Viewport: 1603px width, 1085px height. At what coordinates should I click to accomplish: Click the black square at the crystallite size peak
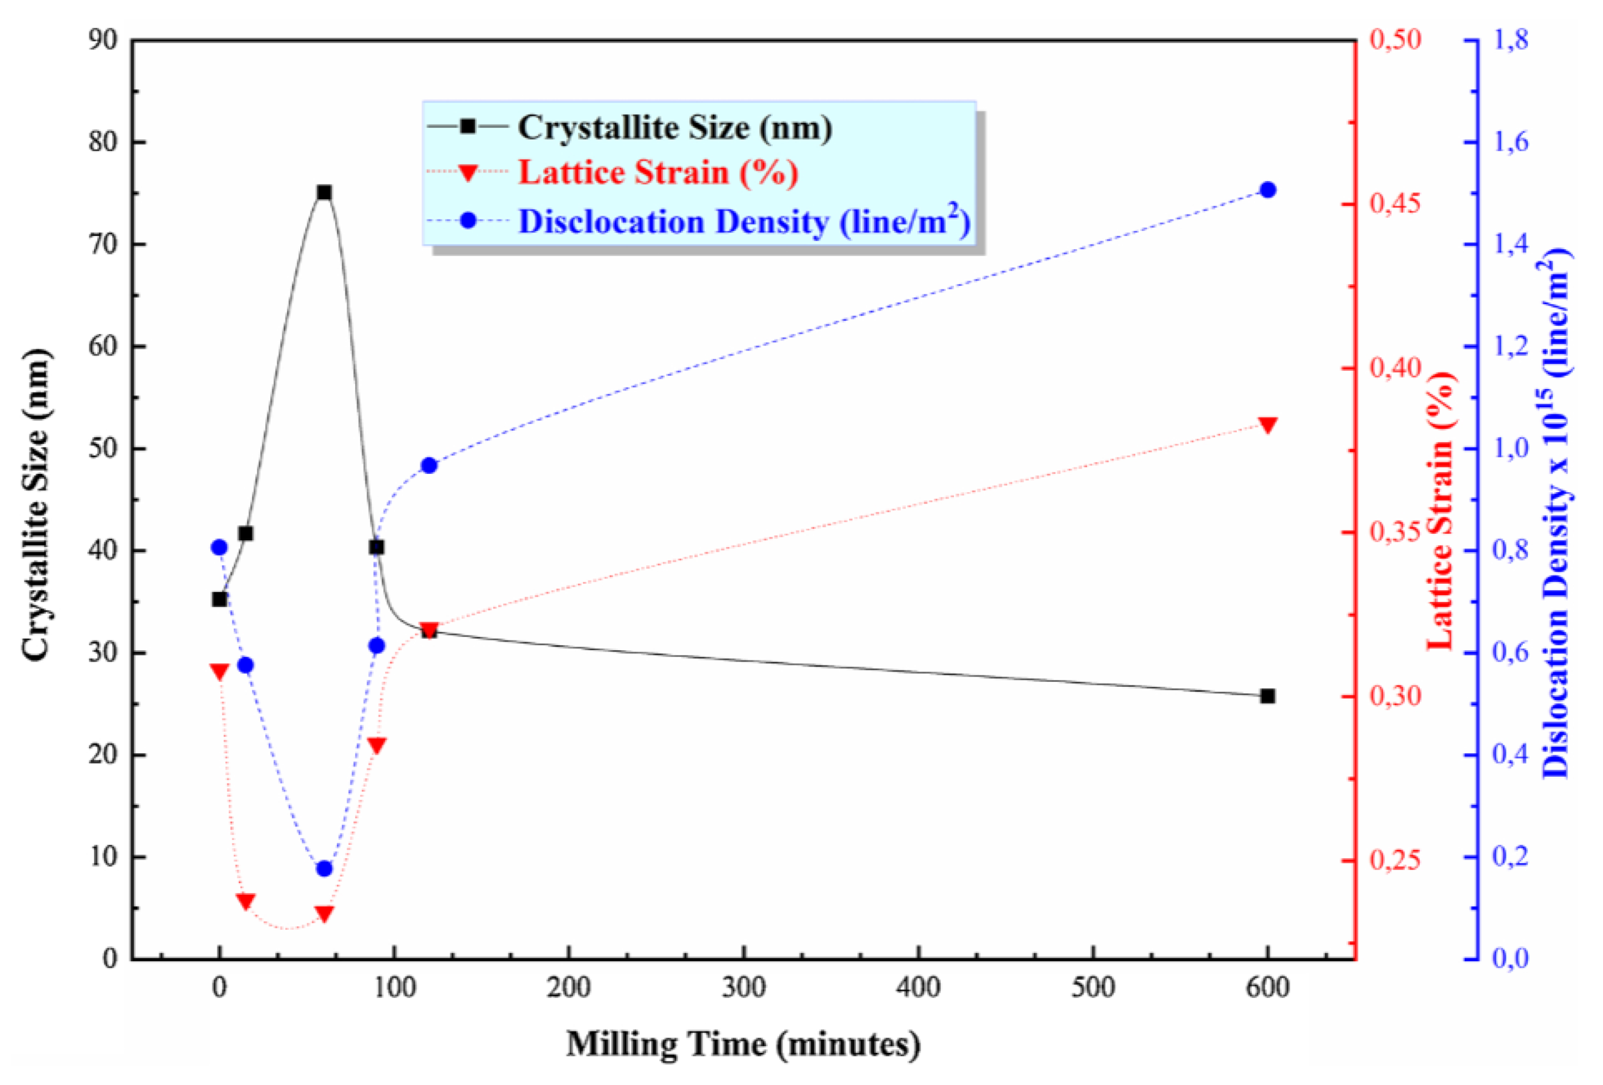tap(324, 192)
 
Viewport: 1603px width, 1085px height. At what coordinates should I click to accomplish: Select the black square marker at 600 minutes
tap(1267, 697)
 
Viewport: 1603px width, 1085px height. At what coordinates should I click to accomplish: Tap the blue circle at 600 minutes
tap(1267, 190)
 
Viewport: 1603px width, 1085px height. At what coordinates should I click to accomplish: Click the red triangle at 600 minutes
tap(1267, 425)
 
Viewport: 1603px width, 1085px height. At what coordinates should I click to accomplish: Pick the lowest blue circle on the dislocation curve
tap(324, 868)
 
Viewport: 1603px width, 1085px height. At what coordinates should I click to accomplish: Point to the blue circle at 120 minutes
tap(429, 466)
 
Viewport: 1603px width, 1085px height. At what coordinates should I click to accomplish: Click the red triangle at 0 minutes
tap(219, 672)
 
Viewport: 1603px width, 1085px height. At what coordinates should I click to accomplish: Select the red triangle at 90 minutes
tap(376, 746)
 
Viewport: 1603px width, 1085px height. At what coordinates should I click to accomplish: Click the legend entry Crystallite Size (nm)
tap(674, 128)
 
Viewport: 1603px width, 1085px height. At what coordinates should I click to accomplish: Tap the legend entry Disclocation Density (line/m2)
tap(744, 222)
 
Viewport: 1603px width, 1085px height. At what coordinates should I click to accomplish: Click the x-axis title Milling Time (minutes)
tap(743, 1044)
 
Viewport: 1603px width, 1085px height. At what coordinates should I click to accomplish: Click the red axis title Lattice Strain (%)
tap(1440, 510)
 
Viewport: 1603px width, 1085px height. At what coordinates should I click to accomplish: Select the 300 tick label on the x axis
tap(744, 988)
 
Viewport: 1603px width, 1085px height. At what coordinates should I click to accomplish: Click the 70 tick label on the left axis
tap(104, 244)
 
